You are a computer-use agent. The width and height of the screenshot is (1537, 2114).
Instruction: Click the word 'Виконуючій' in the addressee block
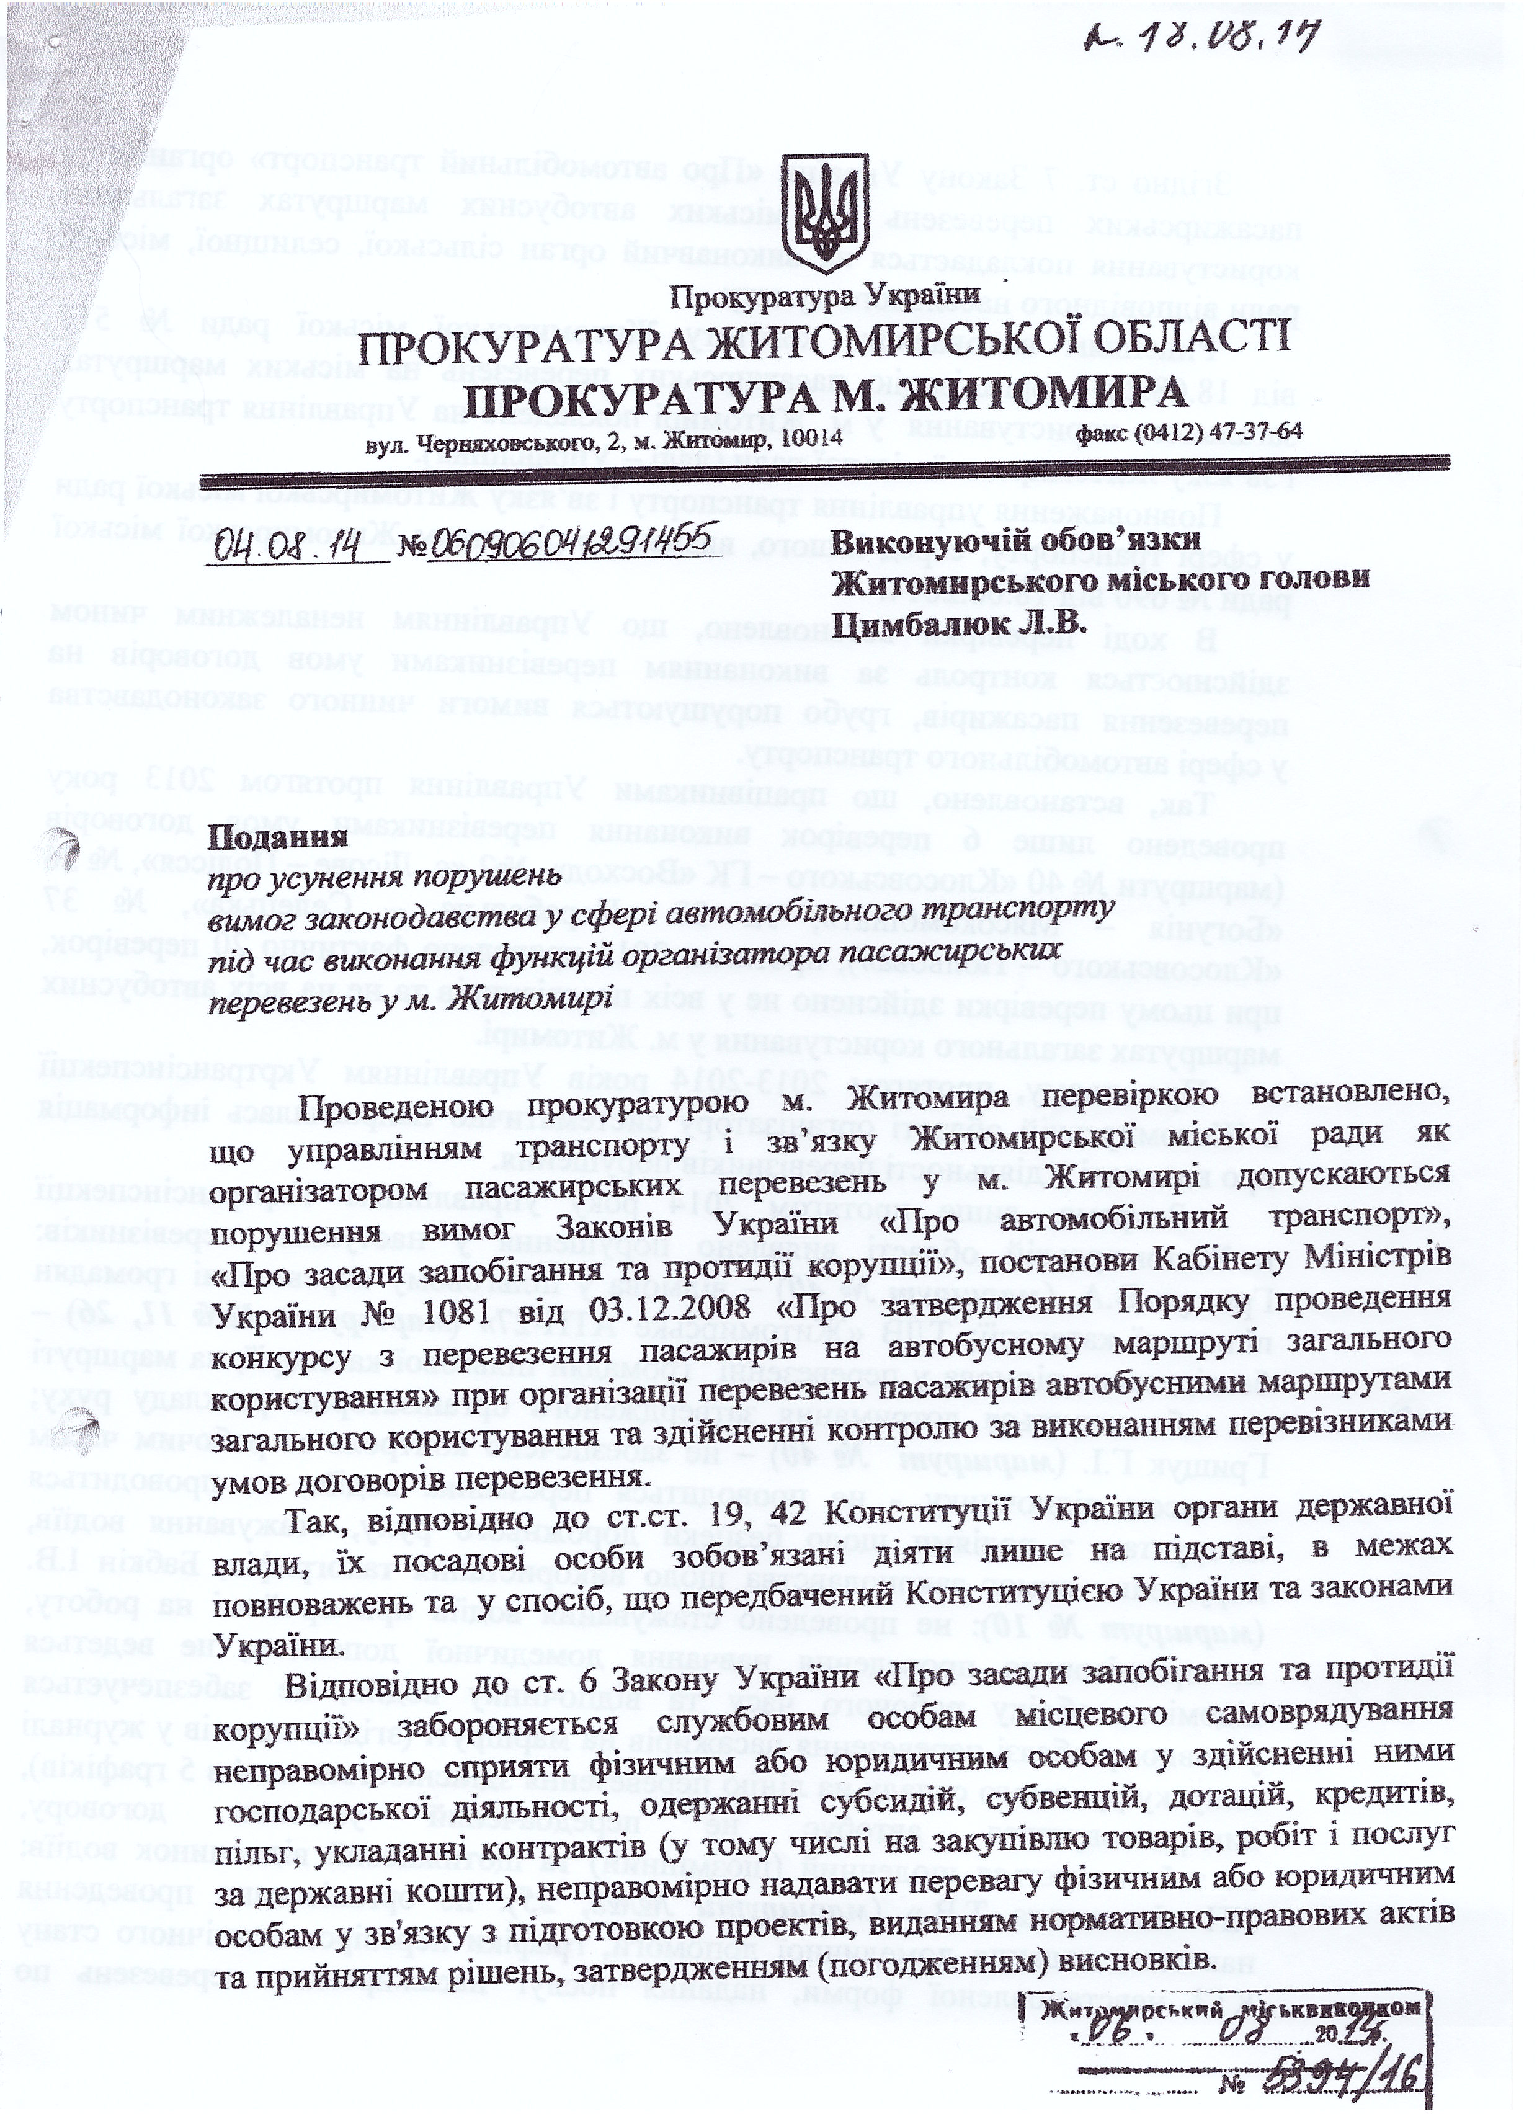(933, 541)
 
